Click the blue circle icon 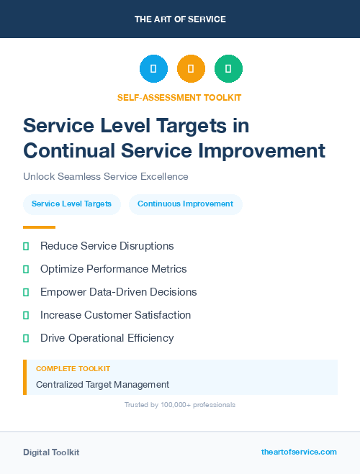[153, 69]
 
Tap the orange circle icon [191, 69]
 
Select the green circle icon [228, 69]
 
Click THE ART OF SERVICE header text [180, 19]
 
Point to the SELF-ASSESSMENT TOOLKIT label [179, 97]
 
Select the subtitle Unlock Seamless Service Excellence [105, 176]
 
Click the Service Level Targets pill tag [71, 204]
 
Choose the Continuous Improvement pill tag [185, 204]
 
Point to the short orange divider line [39, 227]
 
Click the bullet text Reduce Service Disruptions [107, 246]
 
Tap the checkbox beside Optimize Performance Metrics [26, 269]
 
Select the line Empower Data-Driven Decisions [118, 292]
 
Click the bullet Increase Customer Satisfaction [115, 315]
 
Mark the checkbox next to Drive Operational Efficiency [26, 338]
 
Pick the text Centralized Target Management [102, 385]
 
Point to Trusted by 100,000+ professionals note [180, 405]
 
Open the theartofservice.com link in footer [299, 452]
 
